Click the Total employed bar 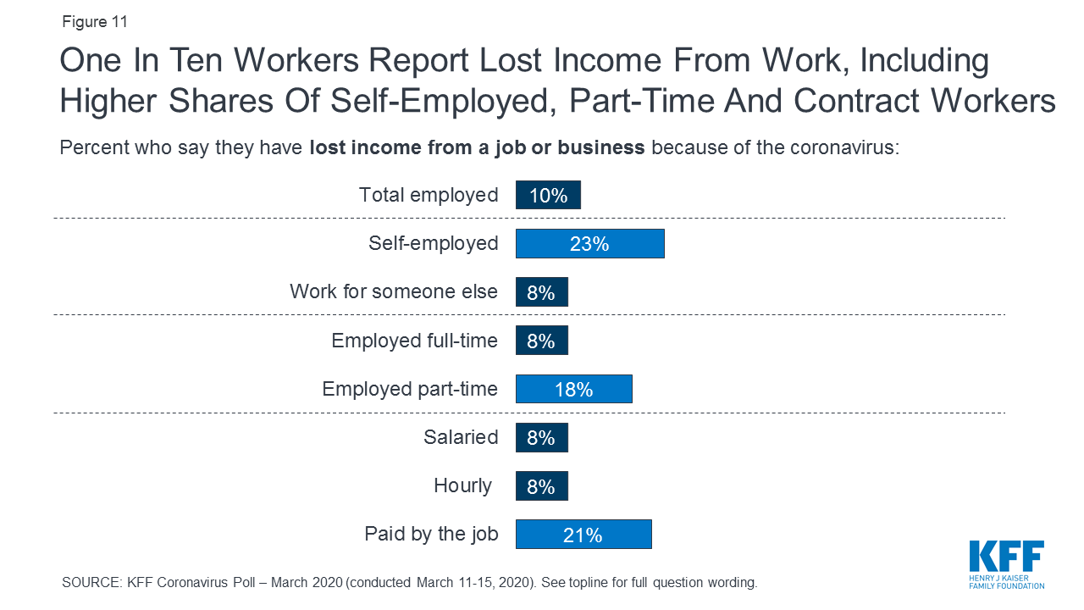click(x=548, y=195)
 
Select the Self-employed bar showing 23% click(x=589, y=244)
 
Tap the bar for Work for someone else click(x=541, y=292)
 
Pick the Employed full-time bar click(x=541, y=341)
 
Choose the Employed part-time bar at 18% click(x=573, y=389)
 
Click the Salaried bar click(x=541, y=437)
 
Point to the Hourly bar click(x=541, y=486)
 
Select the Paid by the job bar click(x=583, y=535)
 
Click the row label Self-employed click(x=433, y=244)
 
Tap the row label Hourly click(x=462, y=485)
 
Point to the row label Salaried click(x=461, y=437)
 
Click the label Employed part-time click(x=410, y=389)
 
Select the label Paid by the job click(x=431, y=535)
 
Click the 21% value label click(x=583, y=535)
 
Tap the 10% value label click(x=548, y=196)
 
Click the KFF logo click(x=1006, y=563)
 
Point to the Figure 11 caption click(x=95, y=22)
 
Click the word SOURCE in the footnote click(x=91, y=583)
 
